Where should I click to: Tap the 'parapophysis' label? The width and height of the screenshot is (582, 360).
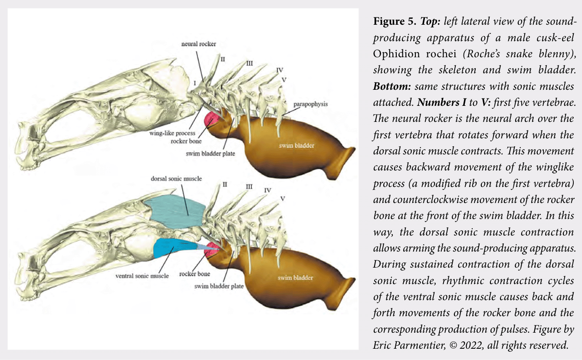(310, 104)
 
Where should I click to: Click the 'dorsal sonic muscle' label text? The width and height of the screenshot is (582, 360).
(176, 179)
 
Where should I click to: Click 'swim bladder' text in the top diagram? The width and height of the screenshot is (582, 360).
(296, 146)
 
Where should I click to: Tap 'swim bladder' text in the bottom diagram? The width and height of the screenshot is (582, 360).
(295, 278)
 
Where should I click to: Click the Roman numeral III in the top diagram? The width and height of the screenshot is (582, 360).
(250, 63)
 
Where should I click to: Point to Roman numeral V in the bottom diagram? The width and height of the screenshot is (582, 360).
(283, 199)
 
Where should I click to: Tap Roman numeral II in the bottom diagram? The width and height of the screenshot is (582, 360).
(224, 184)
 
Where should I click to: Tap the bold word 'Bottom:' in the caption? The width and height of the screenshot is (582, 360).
(391, 87)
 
